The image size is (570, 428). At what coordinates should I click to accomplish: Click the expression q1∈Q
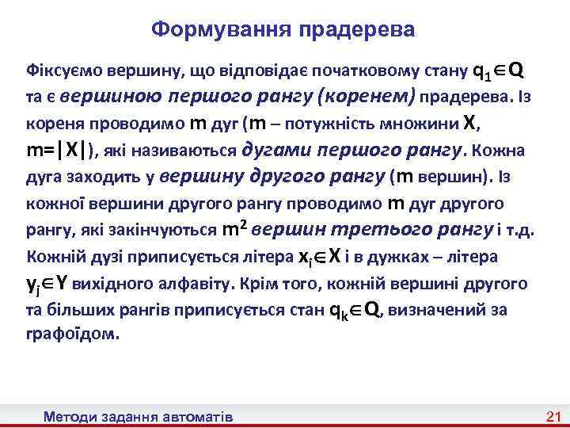coord(496,71)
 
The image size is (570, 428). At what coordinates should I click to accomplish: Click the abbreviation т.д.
coord(523,231)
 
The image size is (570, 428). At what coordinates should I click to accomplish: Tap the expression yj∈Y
coord(51,284)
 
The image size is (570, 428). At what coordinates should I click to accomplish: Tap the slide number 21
coord(553,416)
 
